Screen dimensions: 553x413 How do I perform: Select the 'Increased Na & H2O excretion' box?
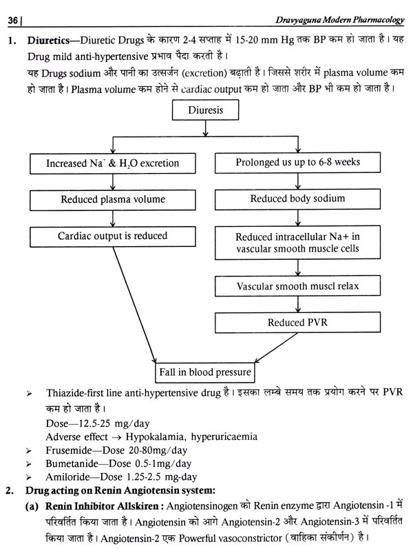click(x=112, y=163)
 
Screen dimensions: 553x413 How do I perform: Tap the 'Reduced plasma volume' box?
click(x=112, y=200)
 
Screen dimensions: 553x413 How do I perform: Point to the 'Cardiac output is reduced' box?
click(x=112, y=236)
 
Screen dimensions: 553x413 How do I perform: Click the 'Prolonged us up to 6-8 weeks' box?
click(x=298, y=163)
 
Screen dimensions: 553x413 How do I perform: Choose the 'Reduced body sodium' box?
click(x=298, y=199)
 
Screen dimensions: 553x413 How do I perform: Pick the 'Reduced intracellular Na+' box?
click(x=298, y=243)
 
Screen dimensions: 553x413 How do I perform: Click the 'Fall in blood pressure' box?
click(x=205, y=373)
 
